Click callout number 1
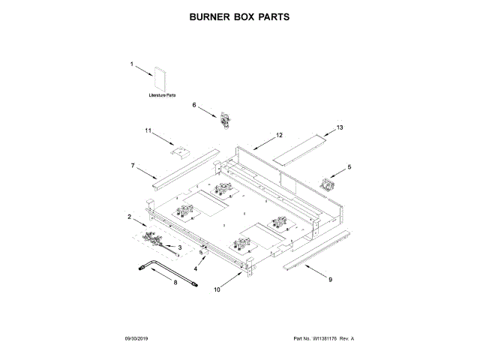click(132, 65)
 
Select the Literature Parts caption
click(161, 97)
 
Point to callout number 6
click(194, 106)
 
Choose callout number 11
click(148, 131)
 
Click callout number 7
click(133, 164)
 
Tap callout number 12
click(279, 136)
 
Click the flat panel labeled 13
click(301, 148)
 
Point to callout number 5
click(348, 166)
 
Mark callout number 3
click(179, 247)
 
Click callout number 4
click(196, 268)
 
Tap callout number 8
click(175, 283)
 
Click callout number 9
click(329, 279)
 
